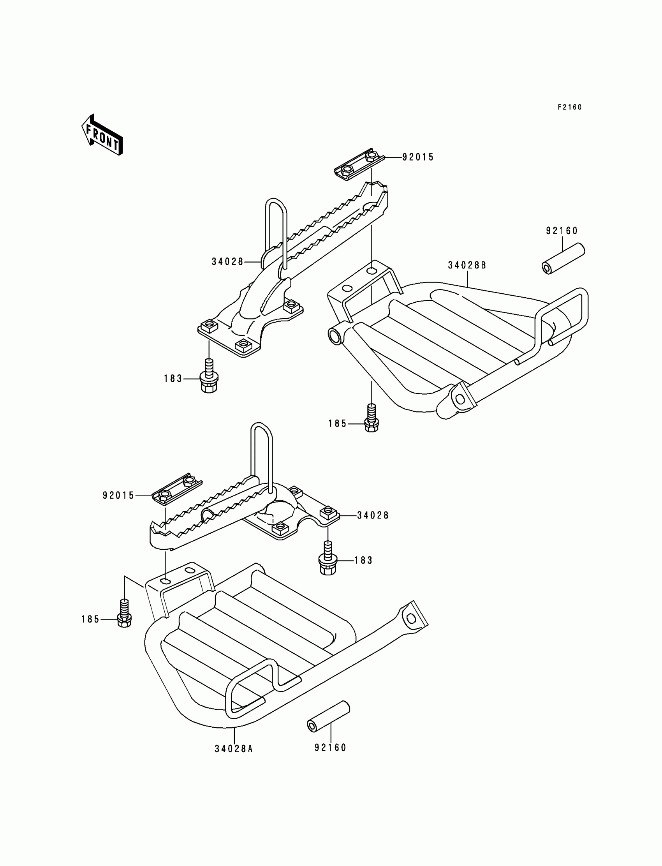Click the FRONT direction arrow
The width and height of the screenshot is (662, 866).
click(102, 135)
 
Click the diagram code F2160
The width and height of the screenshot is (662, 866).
click(569, 107)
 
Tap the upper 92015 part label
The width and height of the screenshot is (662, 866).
click(418, 157)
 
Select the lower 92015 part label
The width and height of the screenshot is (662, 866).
click(118, 496)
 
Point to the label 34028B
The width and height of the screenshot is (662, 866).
click(467, 266)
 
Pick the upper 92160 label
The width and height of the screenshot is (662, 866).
click(562, 231)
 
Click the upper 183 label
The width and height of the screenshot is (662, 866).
click(173, 379)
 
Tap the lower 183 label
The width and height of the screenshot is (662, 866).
click(363, 560)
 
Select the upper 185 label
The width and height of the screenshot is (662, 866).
click(337, 424)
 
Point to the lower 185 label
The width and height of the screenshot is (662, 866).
click(90, 620)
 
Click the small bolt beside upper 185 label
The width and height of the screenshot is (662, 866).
click(371, 419)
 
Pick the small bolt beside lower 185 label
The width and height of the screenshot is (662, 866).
click(124, 614)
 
